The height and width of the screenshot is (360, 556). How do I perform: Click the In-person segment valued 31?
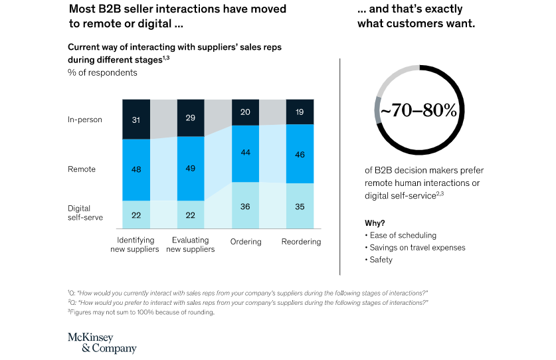click(136, 120)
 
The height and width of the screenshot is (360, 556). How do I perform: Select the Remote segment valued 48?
click(136, 169)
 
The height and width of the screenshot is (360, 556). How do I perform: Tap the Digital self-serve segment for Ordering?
click(245, 206)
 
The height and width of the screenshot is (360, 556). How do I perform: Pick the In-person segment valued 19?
click(300, 112)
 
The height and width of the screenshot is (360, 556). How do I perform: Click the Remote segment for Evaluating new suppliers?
click(191, 168)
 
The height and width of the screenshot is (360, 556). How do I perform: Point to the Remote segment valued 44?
click(245, 153)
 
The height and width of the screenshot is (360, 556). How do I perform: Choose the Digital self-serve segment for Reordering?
click(300, 207)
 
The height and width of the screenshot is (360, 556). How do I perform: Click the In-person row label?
click(84, 120)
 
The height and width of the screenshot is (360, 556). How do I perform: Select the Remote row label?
click(82, 169)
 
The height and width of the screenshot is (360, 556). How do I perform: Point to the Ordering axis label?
click(245, 242)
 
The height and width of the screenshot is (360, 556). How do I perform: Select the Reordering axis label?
click(300, 242)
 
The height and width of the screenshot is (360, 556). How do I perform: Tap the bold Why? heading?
click(375, 223)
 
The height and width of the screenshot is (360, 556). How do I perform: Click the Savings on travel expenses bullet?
click(415, 247)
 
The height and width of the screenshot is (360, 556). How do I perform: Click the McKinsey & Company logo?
click(102, 343)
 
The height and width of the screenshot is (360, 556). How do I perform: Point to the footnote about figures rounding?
click(141, 313)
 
